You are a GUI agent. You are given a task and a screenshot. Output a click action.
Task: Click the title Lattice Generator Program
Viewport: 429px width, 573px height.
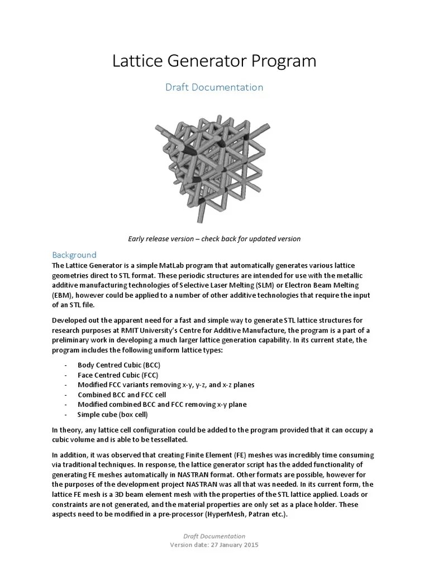pyautogui.click(x=214, y=61)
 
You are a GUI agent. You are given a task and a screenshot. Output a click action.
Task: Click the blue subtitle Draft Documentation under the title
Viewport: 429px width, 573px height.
pyautogui.click(x=214, y=87)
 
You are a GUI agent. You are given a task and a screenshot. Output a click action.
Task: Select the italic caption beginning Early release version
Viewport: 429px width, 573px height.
pyautogui.click(x=214, y=238)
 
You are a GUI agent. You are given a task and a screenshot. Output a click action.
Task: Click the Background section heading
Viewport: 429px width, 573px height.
pyautogui.click(x=74, y=255)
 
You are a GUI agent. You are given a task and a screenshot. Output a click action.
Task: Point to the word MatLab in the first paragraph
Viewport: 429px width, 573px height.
pyautogui.click(x=173, y=265)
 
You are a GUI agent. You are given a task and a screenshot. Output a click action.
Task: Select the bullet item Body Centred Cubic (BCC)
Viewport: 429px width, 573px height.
pyautogui.click(x=119, y=365)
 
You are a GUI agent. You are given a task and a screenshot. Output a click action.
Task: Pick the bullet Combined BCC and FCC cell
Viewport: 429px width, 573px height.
pyautogui.click(x=122, y=394)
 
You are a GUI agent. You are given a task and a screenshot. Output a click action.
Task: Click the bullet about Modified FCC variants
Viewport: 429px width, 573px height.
pyautogui.click(x=166, y=384)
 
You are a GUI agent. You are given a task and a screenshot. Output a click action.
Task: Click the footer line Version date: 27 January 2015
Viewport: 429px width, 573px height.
pyautogui.click(x=214, y=545)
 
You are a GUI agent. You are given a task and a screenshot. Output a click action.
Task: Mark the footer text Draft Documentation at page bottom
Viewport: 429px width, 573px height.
pyautogui.click(x=214, y=536)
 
